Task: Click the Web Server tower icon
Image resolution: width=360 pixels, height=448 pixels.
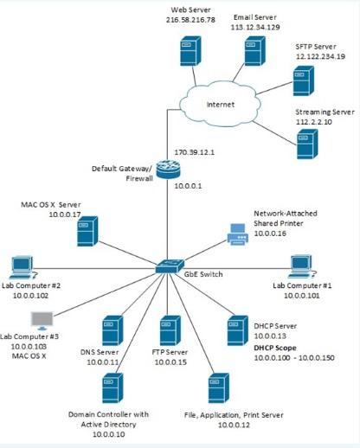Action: click(x=188, y=49)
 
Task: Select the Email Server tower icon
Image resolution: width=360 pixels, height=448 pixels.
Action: click(x=254, y=49)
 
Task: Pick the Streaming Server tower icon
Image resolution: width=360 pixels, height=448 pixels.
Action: click(x=306, y=140)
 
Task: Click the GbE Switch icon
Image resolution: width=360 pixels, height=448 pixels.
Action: click(x=167, y=268)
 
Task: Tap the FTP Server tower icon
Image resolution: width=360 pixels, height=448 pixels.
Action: click(x=170, y=331)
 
